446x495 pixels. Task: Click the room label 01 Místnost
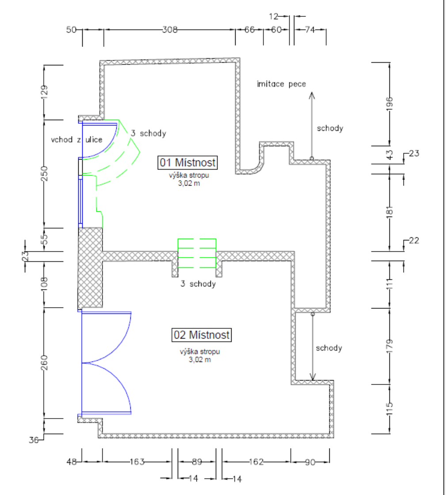tap(187, 163)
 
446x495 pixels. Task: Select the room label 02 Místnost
tap(202, 335)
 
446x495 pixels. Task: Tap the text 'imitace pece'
tap(281, 84)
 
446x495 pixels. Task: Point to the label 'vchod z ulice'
tap(77, 140)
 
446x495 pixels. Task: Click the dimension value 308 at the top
tap(170, 30)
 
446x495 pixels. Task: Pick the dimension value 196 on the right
tap(389, 103)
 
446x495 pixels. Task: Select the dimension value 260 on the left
tap(44, 362)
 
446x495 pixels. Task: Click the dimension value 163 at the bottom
tap(137, 461)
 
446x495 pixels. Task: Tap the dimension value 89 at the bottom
tap(197, 461)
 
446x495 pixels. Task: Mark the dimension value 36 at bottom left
tap(34, 440)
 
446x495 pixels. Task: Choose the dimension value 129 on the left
tap(44, 92)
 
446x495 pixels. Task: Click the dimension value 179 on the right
tap(389, 346)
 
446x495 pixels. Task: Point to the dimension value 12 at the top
tap(274, 16)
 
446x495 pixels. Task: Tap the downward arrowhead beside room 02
tap(313, 377)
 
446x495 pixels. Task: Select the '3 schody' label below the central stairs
tap(198, 284)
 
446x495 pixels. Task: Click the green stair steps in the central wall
tap(197, 254)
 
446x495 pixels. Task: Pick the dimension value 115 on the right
tap(389, 408)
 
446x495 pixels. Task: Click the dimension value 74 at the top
tap(310, 30)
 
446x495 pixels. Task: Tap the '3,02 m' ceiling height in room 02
tap(199, 360)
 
